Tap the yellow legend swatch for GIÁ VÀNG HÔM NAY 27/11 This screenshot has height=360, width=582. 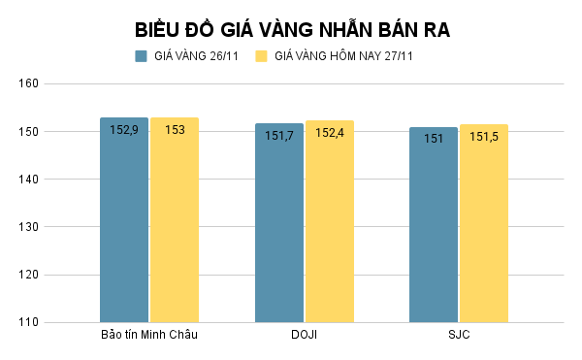pyautogui.click(x=261, y=56)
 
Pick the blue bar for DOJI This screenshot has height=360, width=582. pyautogui.click(x=279, y=233)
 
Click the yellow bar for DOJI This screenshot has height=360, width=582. pyautogui.click(x=330, y=233)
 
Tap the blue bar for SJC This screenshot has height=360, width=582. pyautogui.click(x=434, y=233)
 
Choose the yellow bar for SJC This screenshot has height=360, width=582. pyautogui.click(x=484, y=233)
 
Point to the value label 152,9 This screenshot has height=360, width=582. pyautogui.click(x=124, y=129)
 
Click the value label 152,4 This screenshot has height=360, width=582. pyautogui.click(x=330, y=132)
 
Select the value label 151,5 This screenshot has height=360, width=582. pyautogui.click(x=484, y=137)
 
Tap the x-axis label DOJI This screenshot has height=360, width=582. pyautogui.click(x=304, y=336)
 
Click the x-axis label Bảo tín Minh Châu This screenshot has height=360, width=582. pyautogui.click(x=149, y=336)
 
